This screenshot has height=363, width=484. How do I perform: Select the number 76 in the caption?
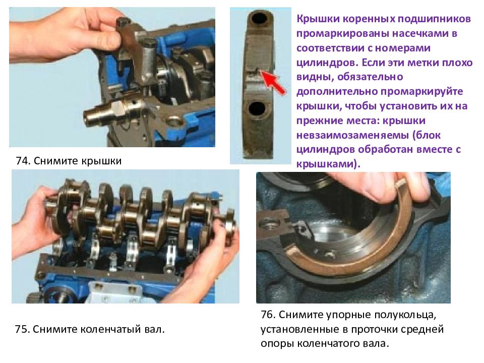pyautogui.click(x=268, y=316)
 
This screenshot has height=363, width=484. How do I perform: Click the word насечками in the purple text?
pyautogui.click(x=408, y=33)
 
